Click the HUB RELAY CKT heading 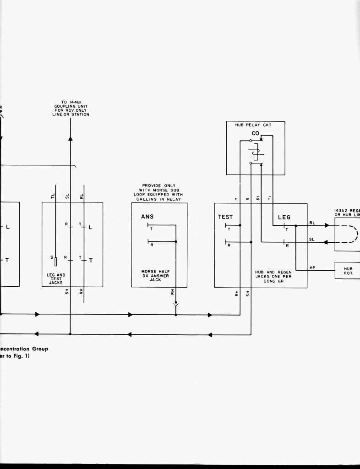click(256, 125)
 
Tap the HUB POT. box click(348, 271)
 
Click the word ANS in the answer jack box click(147, 217)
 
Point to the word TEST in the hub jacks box click(225, 217)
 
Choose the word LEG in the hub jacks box click(284, 217)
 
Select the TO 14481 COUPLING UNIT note click(71, 109)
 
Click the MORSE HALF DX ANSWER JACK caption click(156, 276)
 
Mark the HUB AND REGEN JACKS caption click(273, 276)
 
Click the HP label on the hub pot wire click(312, 267)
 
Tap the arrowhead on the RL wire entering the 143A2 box click(327, 225)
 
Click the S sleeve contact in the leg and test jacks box click(55, 262)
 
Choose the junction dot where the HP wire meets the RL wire click(296, 225)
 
